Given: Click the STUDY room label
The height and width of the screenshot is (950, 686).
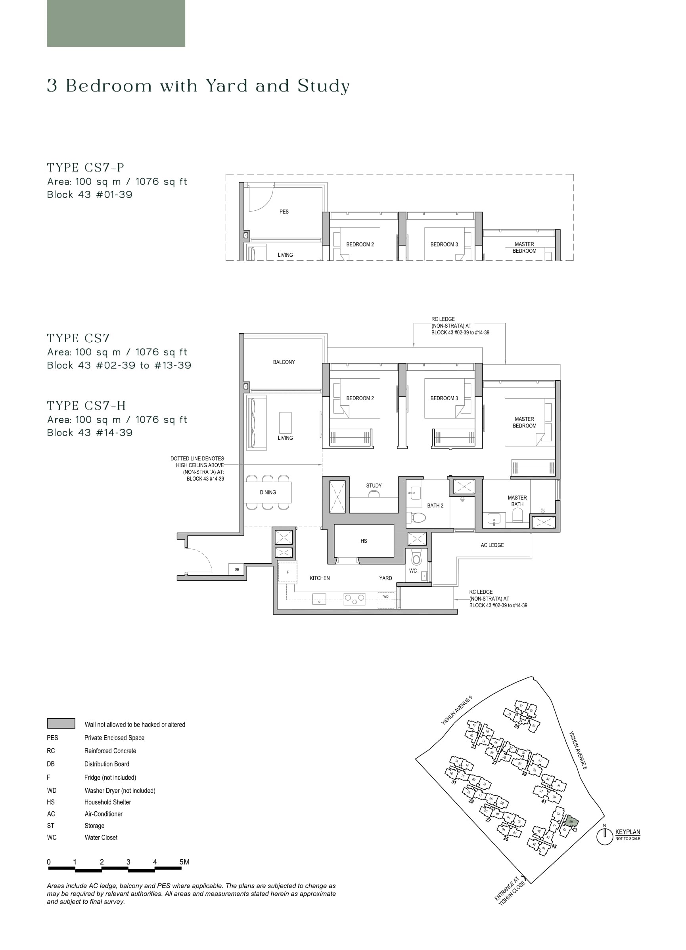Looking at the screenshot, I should tap(374, 485).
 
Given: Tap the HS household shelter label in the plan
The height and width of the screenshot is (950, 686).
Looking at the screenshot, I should tap(364, 541).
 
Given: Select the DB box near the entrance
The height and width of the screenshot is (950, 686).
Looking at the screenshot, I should tap(236, 569).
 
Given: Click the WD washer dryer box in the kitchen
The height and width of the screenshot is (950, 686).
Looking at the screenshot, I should tap(386, 597).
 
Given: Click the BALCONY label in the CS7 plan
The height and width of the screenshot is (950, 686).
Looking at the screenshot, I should tap(284, 362).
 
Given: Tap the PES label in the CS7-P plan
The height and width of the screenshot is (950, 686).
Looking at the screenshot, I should tap(284, 212).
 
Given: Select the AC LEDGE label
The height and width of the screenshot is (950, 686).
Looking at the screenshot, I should tap(492, 545).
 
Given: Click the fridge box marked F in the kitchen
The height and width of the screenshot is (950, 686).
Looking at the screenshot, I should tap(287, 572).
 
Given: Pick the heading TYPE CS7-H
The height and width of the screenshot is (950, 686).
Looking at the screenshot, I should tap(86, 405).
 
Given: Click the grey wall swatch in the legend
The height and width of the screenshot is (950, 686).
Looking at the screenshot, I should tap(61, 723).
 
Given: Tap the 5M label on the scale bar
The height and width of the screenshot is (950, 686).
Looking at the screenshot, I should tap(184, 862).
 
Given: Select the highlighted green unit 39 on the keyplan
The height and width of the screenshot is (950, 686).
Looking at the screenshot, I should tap(571, 821).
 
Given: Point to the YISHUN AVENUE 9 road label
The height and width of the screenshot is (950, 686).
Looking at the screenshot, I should tap(457, 710).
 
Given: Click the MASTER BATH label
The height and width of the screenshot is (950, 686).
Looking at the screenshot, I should tap(517, 501).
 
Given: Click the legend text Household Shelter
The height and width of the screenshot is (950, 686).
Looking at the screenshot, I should tap(107, 802).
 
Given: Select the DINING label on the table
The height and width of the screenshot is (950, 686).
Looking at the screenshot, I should tap(268, 492).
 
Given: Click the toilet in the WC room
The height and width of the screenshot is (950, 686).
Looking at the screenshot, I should tap(416, 558).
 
